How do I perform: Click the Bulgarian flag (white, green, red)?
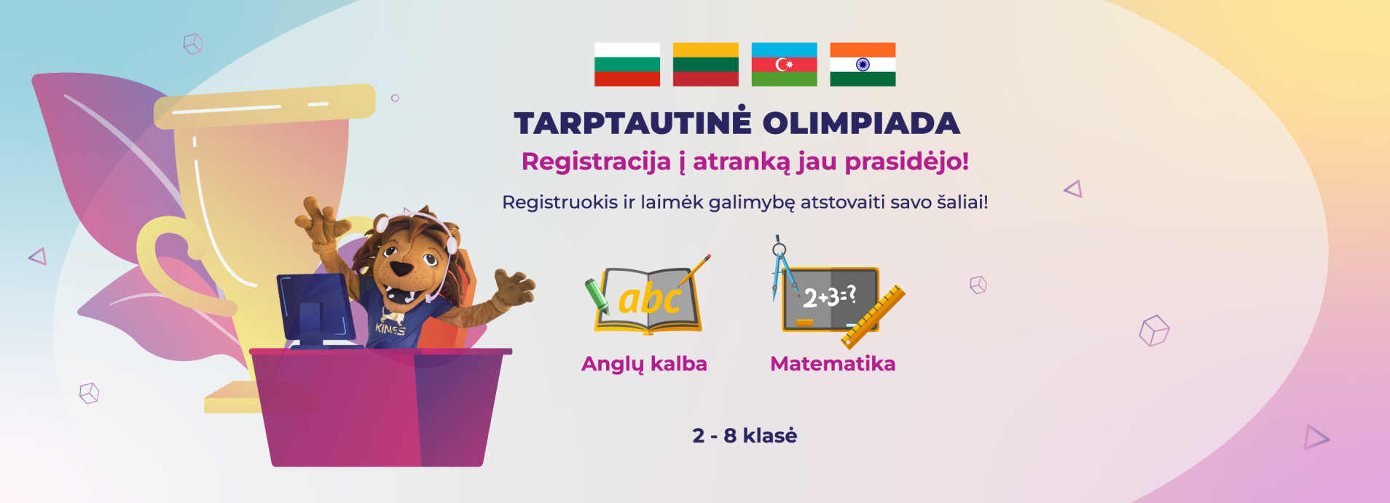click(627, 64)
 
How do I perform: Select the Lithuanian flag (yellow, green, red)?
click(705, 64)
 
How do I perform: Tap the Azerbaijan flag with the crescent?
click(784, 64)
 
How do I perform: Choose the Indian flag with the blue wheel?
click(863, 64)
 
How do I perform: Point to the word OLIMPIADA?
click(861, 123)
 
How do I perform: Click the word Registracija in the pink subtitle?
click(596, 162)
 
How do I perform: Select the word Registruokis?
click(559, 202)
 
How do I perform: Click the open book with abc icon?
click(648, 299)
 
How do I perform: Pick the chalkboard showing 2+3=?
click(831, 299)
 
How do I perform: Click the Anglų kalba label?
click(644, 364)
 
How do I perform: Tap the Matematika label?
click(833, 363)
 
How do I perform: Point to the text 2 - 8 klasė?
click(745, 435)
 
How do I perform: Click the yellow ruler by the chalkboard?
click(873, 317)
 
